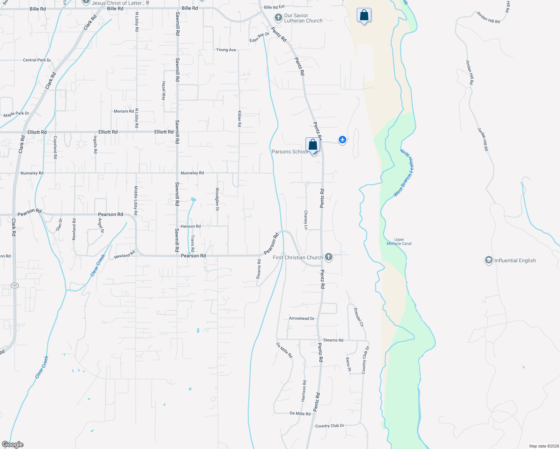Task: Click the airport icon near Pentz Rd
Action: point(342,140)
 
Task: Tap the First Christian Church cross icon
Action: point(329,257)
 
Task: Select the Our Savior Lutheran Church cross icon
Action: point(278,18)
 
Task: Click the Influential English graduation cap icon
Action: point(489,260)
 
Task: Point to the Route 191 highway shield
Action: point(15,285)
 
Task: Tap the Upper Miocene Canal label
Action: point(399,242)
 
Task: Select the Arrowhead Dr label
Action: point(302,318)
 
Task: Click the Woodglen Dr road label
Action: point(217,199)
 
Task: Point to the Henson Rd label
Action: point(191,226)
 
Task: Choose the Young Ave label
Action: point(226,50)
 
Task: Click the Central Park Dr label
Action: point(37,60)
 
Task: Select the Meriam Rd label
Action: point(124,111)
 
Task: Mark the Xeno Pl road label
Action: point(348,364)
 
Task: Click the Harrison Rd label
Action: point(304,391)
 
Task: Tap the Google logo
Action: point(13,445)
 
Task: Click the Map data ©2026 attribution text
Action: point(544,446)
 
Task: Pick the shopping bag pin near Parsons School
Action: point(313,144)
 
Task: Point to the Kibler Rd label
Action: point(240,119)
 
